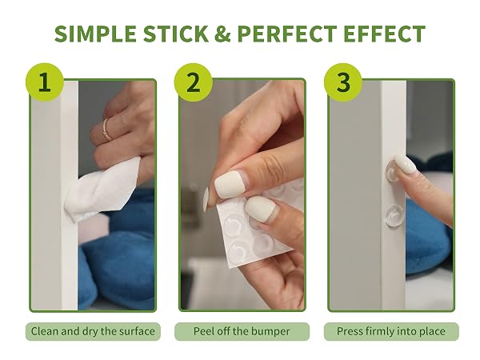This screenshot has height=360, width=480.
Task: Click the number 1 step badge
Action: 45,82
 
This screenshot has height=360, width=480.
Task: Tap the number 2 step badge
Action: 194,82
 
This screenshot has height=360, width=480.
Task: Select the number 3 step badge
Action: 343,82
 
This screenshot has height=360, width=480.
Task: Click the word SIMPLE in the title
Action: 95,34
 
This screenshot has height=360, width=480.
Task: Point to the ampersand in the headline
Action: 222,34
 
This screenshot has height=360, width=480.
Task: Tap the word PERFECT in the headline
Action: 287,34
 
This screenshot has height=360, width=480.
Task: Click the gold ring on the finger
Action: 107,130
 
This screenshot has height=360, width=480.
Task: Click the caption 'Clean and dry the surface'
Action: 93,331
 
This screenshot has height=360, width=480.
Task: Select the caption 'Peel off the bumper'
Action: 242,331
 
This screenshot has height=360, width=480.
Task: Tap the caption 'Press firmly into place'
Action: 391,331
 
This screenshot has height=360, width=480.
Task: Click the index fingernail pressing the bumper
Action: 406,164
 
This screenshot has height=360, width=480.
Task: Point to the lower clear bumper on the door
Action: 394,215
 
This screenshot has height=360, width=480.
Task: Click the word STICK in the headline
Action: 176,34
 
